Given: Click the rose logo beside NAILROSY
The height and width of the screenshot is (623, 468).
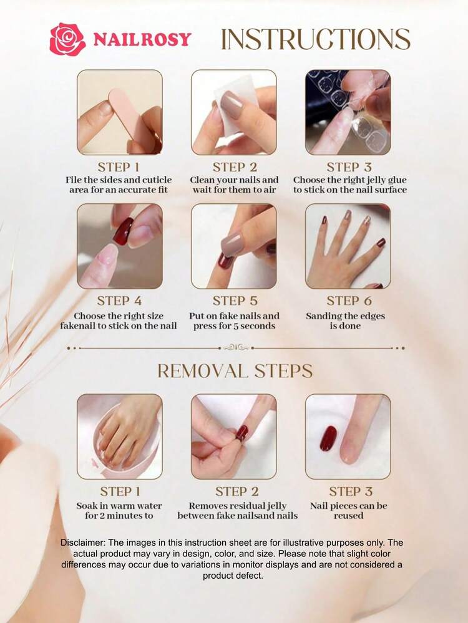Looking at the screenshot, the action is (67, 39).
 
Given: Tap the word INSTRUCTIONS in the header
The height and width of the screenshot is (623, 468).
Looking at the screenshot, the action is (315, 39).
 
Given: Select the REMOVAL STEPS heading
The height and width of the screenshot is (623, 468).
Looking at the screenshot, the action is (235, 371).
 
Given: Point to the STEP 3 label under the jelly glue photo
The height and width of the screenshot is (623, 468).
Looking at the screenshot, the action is (349, 167).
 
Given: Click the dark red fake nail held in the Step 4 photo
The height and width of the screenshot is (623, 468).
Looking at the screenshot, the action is (124, 231).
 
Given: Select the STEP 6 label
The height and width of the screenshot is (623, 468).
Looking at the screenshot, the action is (349, 301).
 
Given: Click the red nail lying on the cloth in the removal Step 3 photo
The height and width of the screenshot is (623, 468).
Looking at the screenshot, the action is (328, 438).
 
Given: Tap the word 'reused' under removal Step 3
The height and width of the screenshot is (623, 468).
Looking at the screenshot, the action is (348, 516).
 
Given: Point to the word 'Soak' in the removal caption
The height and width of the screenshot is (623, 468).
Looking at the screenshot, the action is (87, 506).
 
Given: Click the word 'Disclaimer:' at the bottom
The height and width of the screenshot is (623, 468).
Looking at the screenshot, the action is (83, 543).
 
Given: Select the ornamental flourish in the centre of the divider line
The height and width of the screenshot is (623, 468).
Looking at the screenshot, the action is (236, 347).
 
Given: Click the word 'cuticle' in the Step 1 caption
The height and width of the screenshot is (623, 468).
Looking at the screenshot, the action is (157, 180).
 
